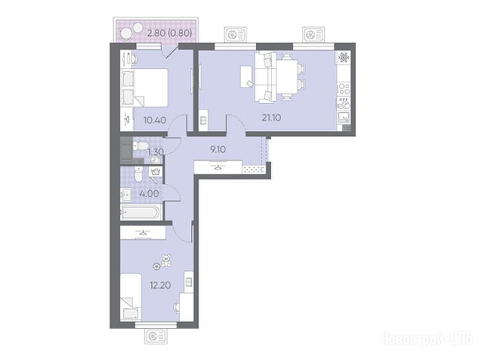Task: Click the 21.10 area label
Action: pyautogui.click(x=271, y=118)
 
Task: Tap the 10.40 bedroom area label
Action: pyautogui.click(x=155, y=120)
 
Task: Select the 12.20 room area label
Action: pyautogui.click(x=160, y=285)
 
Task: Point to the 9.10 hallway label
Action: pyautogui.click(x=218, y=150)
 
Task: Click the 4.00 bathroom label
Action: pyautogui.click(x=149, y=194)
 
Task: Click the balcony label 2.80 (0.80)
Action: pyautogui.click(x=170, y=32)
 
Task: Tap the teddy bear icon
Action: pyautogui.click(x=166, y=260)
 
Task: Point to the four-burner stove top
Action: pyautogui.click(x=344, y=89)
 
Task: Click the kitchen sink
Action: pyautogui.click(x=344, y=117)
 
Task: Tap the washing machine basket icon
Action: pyautogui.click(x=155, y=172)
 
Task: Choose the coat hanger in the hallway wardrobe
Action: pyautogui.click(x=217, y=167)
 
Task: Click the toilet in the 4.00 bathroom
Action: pyautogui.click(x=138, y=175)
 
